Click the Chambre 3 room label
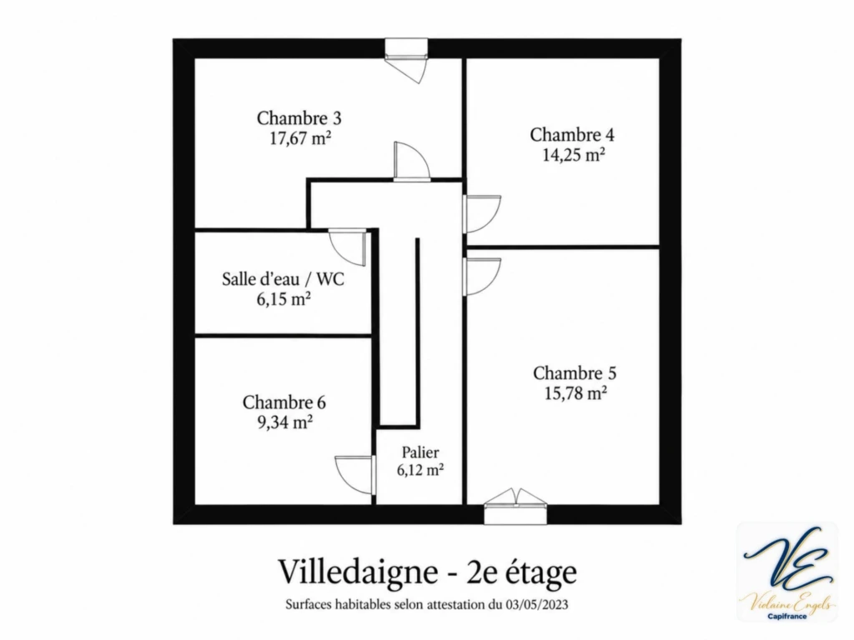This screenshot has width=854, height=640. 299,118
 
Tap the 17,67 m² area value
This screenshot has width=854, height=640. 300,137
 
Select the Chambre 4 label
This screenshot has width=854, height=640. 572,135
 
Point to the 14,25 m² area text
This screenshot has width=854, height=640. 574,155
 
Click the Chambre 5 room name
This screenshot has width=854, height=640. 575,373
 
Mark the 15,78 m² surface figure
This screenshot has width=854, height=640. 575,393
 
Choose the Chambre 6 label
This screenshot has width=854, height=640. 284,402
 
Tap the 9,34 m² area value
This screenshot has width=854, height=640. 285,422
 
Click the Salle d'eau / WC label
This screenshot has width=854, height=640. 284,279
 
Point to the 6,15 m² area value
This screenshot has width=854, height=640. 284,299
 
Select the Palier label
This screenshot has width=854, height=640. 420,452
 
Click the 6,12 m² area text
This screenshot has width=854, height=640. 420,470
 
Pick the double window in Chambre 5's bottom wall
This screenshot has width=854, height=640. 515,506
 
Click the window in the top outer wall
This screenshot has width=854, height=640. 406,53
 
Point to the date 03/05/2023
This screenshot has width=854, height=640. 537,605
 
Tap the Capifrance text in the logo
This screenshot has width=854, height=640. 787,617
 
